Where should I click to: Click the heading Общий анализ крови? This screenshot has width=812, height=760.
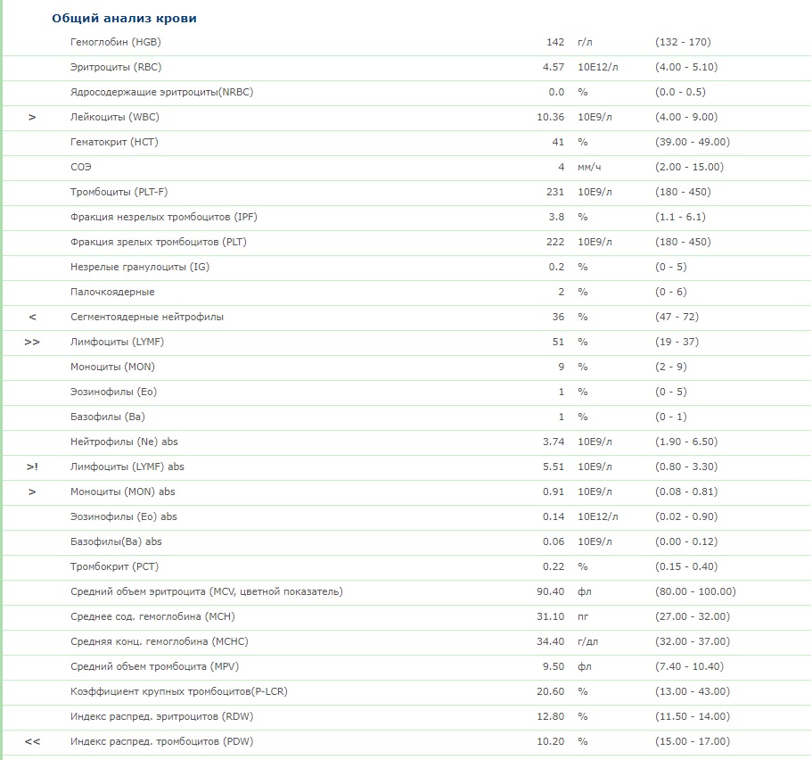click(125, 18)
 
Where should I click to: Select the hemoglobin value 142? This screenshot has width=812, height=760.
click(555, 42)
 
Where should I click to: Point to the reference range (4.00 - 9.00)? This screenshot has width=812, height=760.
click(685, 117)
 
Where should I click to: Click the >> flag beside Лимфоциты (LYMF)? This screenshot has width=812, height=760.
click(32, 342)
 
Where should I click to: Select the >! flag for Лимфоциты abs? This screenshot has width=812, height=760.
click(32, 467)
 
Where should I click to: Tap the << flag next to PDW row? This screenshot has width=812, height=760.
click(32, 741)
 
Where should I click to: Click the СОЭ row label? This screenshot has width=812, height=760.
click(81, 167)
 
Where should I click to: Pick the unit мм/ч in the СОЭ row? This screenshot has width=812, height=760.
click(590, 167)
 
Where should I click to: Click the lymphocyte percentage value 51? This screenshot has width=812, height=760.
click(559, 342)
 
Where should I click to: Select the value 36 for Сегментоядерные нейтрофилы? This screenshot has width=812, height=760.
click(559, 317)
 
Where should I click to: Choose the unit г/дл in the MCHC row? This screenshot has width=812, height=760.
click(589, 641)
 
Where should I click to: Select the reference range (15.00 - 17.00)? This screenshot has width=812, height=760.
click(692, 741)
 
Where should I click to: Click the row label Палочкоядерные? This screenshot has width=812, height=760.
click(112, 292)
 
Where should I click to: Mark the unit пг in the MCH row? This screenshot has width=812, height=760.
click(584, 616)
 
